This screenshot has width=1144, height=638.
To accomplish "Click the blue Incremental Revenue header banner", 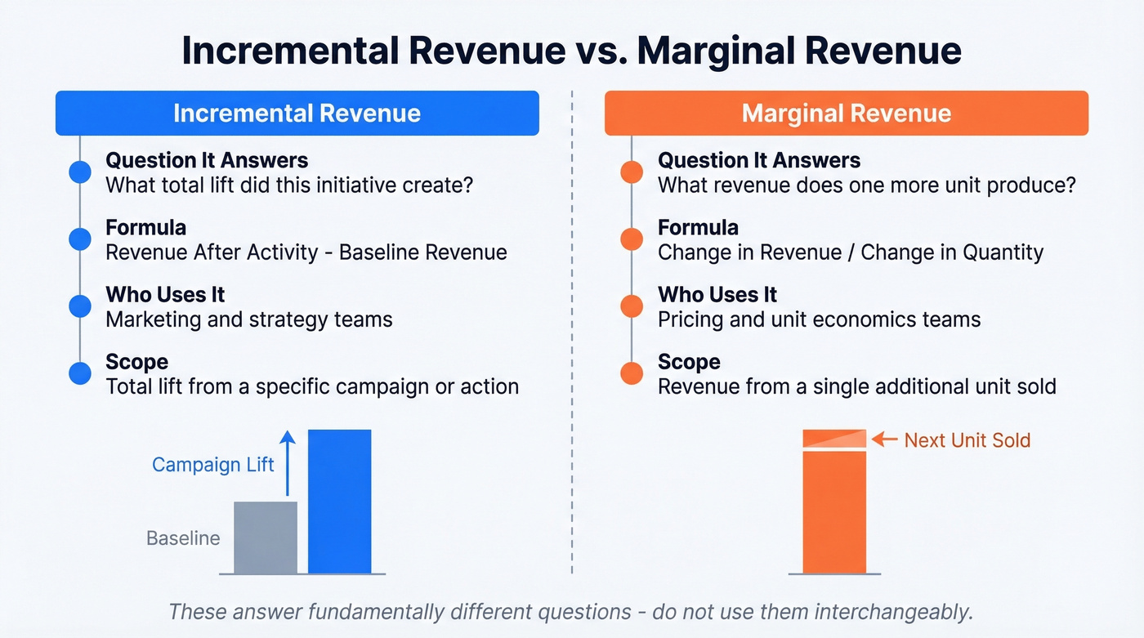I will click(297, 113).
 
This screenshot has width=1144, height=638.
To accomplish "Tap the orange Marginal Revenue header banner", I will click(846, 113).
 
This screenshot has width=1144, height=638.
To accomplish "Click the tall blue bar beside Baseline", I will click(339, 502).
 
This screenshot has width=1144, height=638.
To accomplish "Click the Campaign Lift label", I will click(213, 465).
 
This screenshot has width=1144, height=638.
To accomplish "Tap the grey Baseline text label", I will click(183, 538).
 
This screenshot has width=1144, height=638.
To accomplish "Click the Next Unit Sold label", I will click(967, 440).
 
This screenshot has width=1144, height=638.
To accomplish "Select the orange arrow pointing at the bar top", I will click(884, 439).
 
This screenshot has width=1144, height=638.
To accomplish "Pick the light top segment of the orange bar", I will click(834, 439).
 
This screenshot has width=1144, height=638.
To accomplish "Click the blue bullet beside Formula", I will click(80, 239).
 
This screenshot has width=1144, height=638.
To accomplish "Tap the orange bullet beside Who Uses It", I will click(632, 306).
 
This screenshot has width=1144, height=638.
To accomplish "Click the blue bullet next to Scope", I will click(80, 373).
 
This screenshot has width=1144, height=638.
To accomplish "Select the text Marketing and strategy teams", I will click(249, 319).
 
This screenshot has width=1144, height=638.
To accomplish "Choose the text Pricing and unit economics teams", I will click(819, 319).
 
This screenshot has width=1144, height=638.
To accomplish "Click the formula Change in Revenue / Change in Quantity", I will click(851, 252).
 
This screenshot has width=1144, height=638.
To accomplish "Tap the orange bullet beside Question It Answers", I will click(632, 172).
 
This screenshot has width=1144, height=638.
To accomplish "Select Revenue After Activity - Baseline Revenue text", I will click(306, 252).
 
